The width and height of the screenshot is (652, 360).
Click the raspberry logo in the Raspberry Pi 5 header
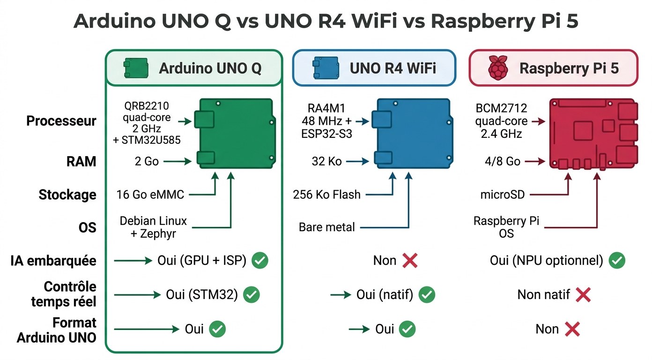coord(498,68)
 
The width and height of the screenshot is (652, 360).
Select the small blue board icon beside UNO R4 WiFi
coord(326,68)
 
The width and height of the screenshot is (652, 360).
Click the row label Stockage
coord(67,195)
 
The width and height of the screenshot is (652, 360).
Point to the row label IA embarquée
coord(53,261)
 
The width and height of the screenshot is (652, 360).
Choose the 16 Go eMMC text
coord(150,195)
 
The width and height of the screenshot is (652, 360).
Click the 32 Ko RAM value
coord(326,162)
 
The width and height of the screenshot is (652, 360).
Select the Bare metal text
coord(327,227)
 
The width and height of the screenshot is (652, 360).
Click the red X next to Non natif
coord(583,294)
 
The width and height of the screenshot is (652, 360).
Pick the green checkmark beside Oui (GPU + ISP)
coord(260,261)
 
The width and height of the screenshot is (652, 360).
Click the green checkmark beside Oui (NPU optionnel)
coord(617,261)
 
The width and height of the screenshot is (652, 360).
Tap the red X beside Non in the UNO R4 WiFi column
coord(410,261)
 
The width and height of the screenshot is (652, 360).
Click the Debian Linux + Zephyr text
coord(153,227)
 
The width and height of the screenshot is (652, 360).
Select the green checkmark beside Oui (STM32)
coord(252,294)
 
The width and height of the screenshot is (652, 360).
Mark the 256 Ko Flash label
coord(327,195)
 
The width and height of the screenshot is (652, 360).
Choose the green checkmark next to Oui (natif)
coord(427,294)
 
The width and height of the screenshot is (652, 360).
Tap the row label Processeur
coord(61,121)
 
